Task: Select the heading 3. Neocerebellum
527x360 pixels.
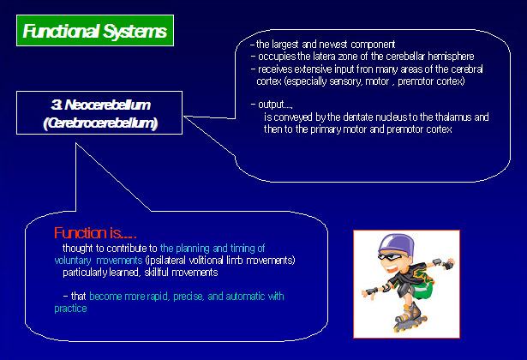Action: pos(101,104)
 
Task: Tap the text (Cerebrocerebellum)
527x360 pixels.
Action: pos(100,123)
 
